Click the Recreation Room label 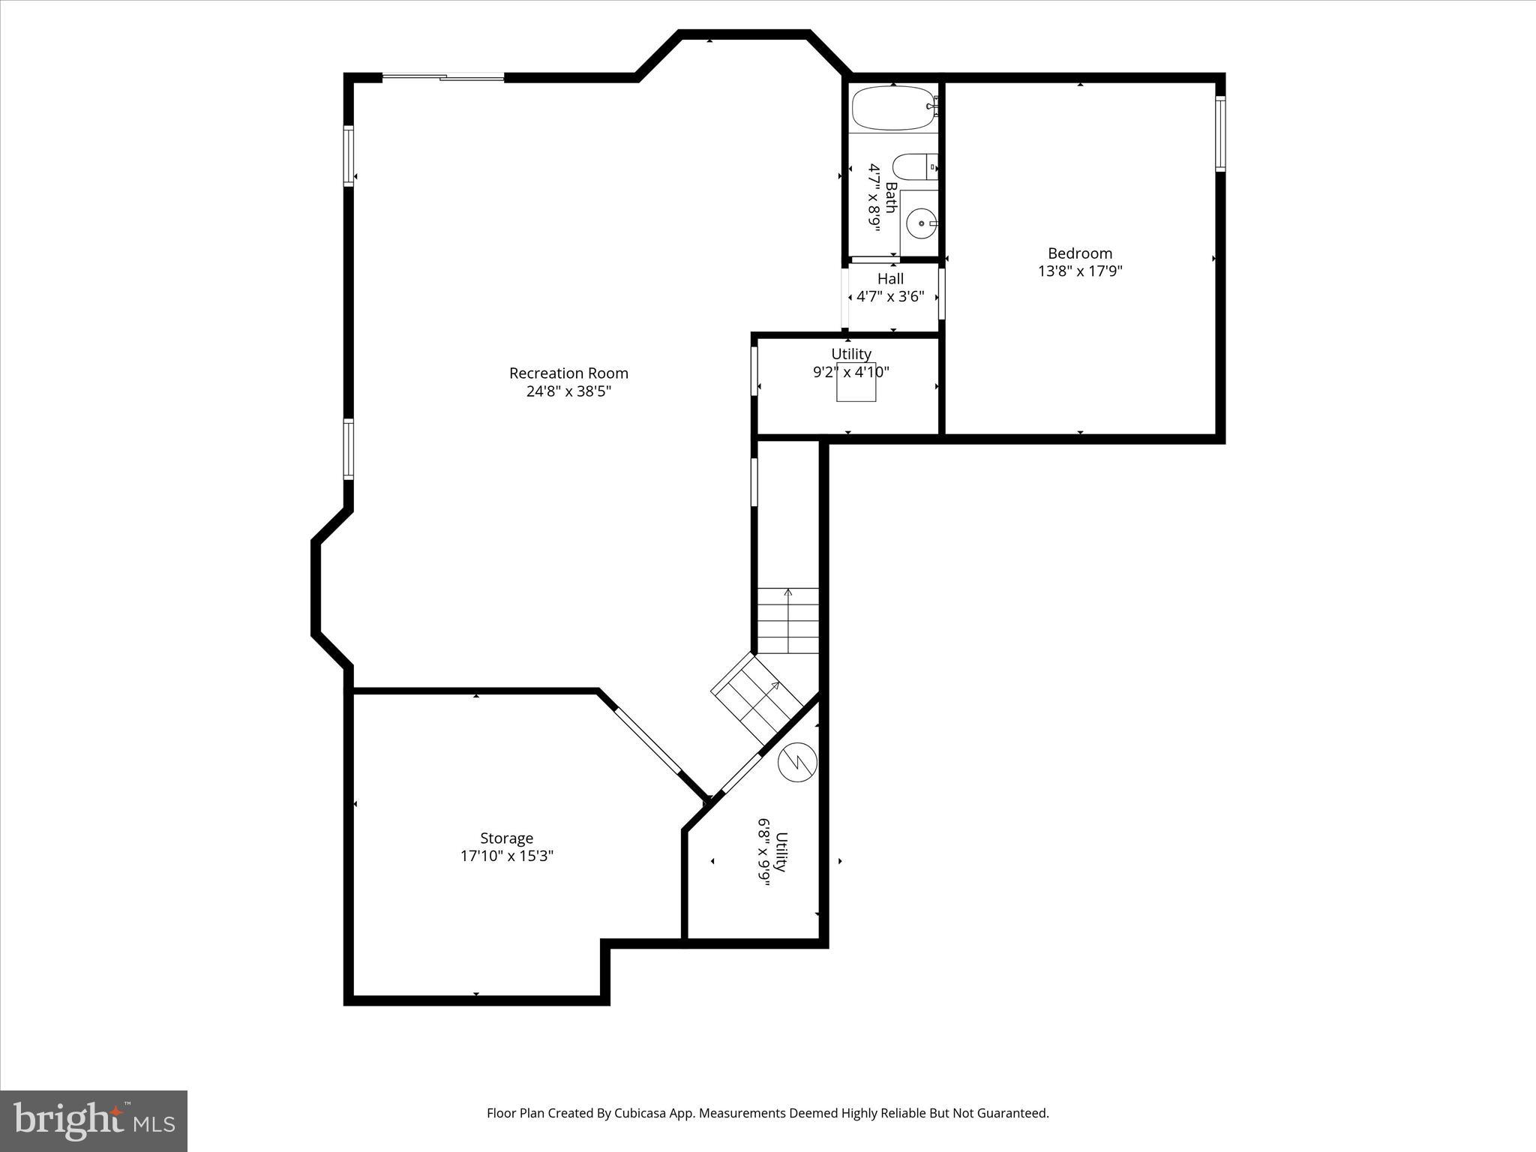point(568,373)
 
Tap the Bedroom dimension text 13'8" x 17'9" point(1080,271)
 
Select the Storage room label point(507,838)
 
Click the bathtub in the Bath point(892,108)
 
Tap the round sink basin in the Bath point(921,223)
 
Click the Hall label point(890,279)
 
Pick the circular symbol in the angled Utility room point(797,763)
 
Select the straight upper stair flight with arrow point(787,621)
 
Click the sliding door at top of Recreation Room point(443,76)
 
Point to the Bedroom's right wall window point(1220,134)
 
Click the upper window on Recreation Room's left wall point(349,155)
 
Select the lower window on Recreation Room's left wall point(349,448)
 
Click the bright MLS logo point(94,1120)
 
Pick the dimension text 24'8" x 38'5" point(568,391)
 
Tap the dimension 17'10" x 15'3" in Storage point(507,856)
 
